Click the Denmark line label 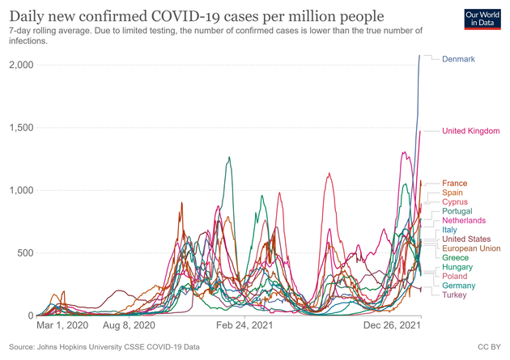tap(458, 59)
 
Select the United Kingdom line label tap(471, 131)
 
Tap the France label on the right tap(455, 184)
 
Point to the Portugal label tap(459, 212)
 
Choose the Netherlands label tap(464, 221)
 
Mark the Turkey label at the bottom tap(455, 294)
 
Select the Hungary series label tap(457, 267)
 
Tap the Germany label tap(459, 286)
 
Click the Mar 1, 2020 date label tap(62, 326)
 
